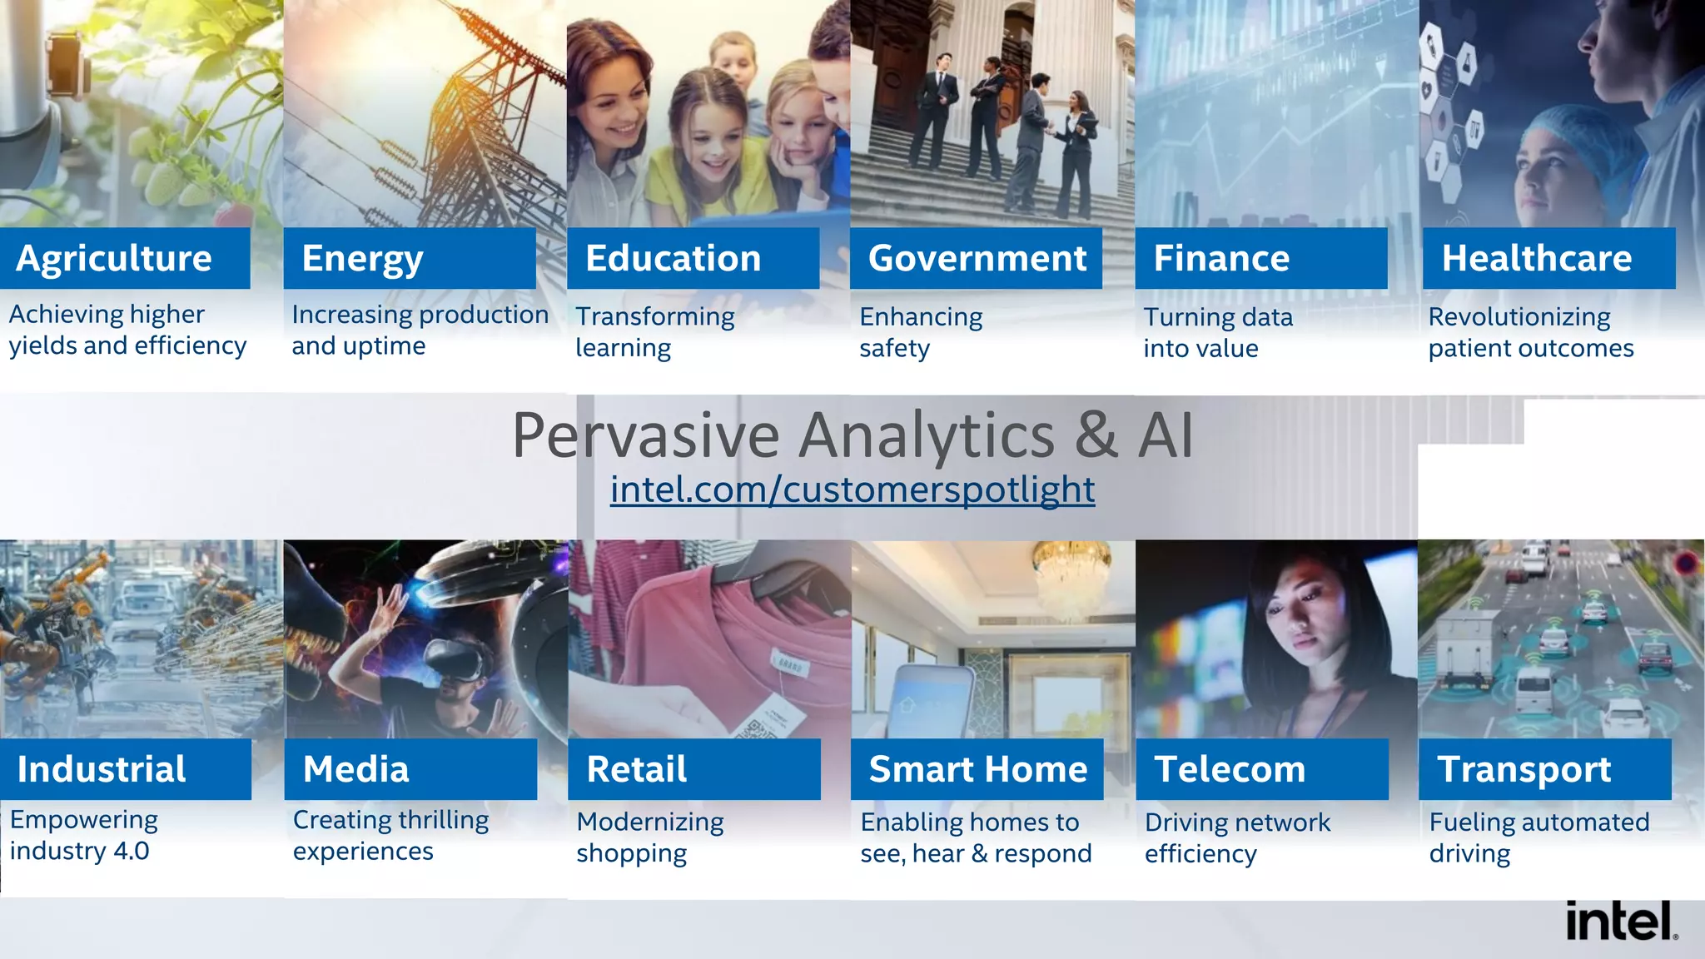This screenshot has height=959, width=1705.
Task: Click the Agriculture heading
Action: [114, 258]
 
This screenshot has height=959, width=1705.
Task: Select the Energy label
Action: [362, 258]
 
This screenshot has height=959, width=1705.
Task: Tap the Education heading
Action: [673, 258]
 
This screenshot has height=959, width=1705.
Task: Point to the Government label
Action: [977, 258]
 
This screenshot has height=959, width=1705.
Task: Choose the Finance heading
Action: [1221, 258]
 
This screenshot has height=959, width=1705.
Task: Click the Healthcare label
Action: [1536, 258]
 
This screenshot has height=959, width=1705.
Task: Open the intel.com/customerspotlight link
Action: [852, 489]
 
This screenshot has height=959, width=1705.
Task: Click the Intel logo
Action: [1620, 921]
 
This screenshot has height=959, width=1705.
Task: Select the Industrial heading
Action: [102, 769]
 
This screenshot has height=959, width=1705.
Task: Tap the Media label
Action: [355, 769]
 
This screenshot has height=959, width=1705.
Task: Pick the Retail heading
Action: [636, 769]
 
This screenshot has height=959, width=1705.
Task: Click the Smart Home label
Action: [977, 769]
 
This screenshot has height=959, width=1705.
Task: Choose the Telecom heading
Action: [1230, 769]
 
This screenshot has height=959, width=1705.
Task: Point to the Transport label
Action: [1524, 769]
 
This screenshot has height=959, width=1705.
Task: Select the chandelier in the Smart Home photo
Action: [1072, 574]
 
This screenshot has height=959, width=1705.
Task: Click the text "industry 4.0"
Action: [79, 851]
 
